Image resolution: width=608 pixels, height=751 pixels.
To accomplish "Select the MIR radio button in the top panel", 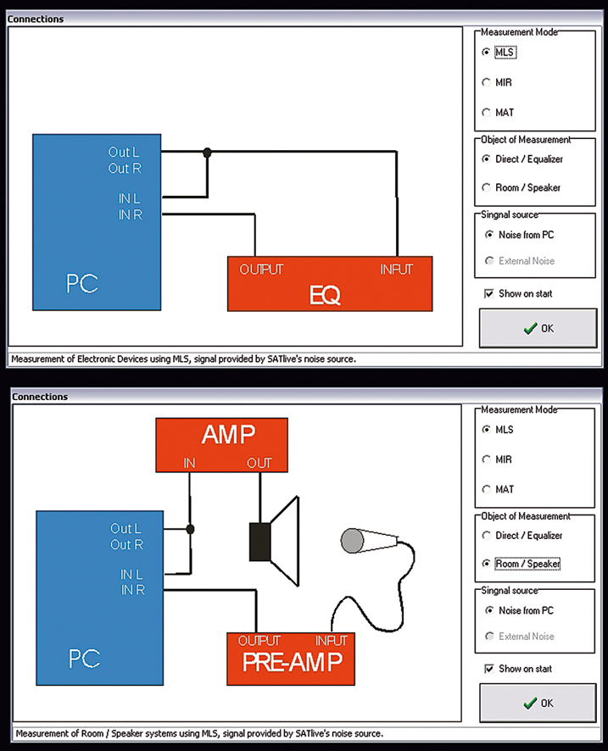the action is tap(486, 82).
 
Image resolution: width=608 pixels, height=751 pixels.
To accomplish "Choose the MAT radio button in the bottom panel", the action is tap(486, 489).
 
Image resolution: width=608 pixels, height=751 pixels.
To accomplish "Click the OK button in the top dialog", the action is tap(538, 328).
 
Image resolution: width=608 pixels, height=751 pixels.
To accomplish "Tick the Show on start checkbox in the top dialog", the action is tap(488, 293).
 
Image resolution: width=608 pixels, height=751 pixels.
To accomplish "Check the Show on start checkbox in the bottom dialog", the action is tap(488, 669).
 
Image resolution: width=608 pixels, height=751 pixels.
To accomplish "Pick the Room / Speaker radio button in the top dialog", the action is tap(486, 187).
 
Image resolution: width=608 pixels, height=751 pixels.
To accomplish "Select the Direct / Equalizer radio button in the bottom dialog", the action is tap(486, 535).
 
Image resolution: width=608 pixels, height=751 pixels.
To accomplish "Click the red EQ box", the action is tap(330, 284).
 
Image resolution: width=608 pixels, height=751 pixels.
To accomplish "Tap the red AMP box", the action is tap(222, 445).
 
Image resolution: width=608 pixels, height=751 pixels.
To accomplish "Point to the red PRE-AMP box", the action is tap(291, 659).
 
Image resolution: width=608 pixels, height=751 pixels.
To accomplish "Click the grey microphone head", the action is tap(352, 541).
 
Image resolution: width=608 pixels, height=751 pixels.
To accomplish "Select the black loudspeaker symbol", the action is tap(275, 542).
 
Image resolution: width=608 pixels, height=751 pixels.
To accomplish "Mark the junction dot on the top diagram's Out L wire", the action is tap(207, 153).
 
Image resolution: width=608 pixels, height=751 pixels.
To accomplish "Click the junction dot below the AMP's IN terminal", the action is tap(190, 529).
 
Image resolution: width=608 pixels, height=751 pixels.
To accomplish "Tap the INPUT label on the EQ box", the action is tap(396, 270).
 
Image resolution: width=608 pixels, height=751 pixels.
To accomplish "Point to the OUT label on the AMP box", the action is tap(259, 463).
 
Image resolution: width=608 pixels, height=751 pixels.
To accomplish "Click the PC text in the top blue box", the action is tap(82, 284).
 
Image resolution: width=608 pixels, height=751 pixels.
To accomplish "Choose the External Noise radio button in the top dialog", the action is tap(489, 261).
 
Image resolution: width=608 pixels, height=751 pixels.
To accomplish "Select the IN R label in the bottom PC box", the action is tap(133, 590).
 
